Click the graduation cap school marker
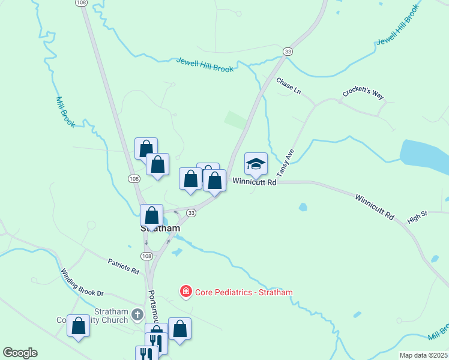256,164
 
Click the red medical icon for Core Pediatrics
186,292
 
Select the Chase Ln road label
288,86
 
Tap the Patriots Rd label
124,266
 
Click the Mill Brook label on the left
64,112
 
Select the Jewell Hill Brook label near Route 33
205,65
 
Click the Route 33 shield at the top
288,52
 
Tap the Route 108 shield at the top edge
82,3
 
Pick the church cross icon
137,314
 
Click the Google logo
20,353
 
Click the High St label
416,217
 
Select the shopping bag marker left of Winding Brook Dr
78,326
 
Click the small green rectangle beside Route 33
235,119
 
